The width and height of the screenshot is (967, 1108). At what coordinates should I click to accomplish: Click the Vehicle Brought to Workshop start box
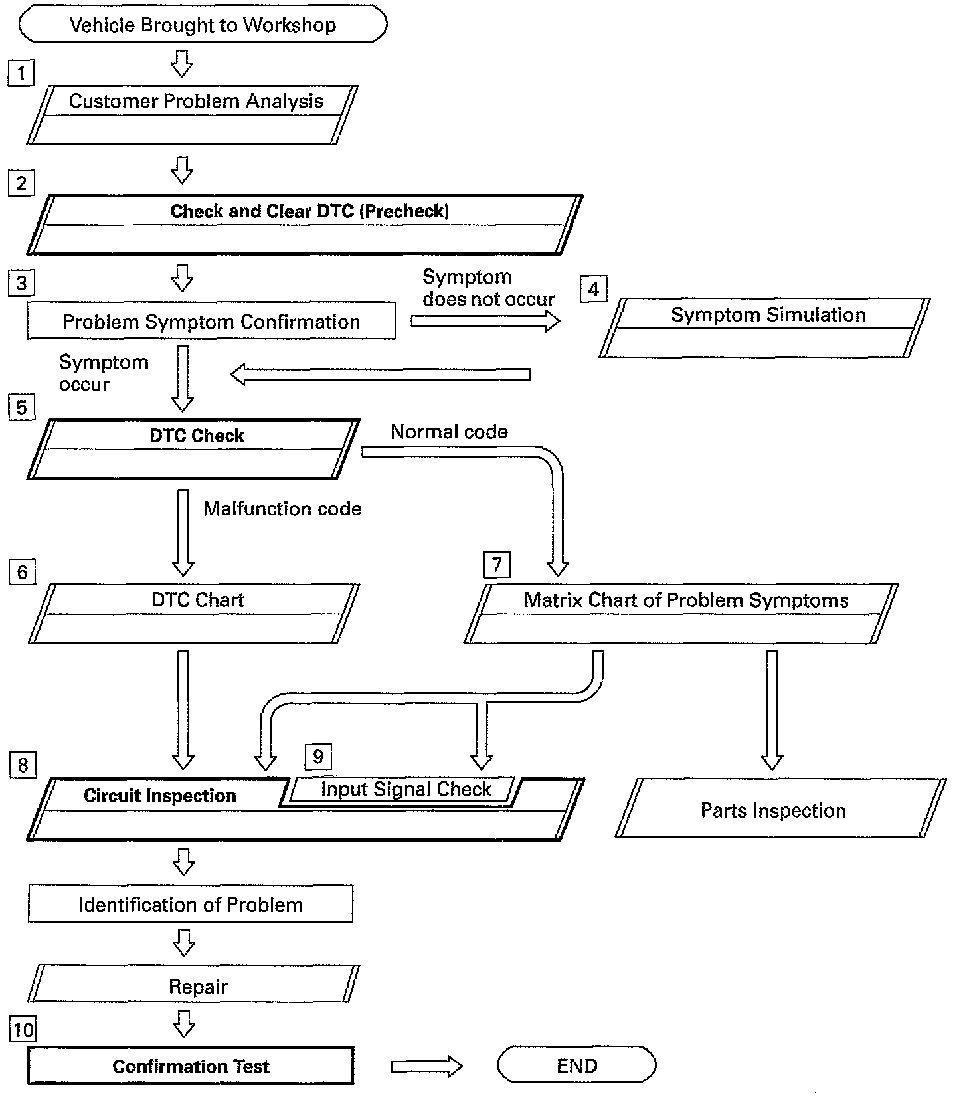203,25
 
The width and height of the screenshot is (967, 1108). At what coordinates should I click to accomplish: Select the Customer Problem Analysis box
193,114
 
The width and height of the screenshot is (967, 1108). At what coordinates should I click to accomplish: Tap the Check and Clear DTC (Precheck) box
306,224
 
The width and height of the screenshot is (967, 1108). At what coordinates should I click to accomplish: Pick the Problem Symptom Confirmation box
211,322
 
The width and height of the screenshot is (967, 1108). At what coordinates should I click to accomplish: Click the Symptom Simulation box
765,327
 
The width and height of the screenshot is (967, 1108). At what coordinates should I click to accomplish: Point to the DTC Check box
195,448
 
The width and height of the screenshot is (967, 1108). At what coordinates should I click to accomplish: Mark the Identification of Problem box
191,904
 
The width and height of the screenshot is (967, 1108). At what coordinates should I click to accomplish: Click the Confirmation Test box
191,1066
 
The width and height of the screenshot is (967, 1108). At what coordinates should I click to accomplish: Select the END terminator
576,1065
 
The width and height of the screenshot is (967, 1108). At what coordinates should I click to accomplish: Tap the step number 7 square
497,565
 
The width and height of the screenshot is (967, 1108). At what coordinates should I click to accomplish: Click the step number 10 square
23,1030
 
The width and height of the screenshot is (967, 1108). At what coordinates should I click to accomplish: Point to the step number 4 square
593,289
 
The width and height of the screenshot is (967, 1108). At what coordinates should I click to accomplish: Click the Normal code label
449,432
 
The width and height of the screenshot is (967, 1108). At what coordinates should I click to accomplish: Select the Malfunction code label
282,509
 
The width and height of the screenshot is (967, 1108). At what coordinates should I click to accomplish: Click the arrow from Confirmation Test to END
426,1066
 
